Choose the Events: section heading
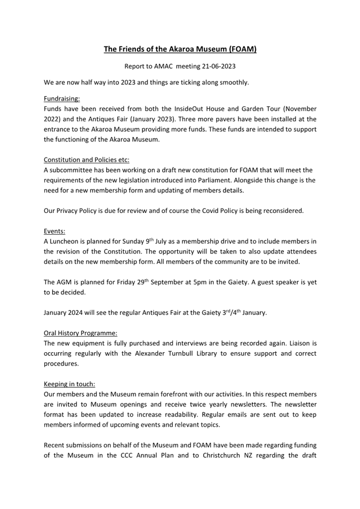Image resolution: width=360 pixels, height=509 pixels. pyautogui.click(x=54, y=232)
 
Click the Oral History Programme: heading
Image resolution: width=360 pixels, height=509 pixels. pyautogui.click(x=80, y=333)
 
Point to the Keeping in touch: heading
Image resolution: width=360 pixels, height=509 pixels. pyautogui.click(x=69, y=384)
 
